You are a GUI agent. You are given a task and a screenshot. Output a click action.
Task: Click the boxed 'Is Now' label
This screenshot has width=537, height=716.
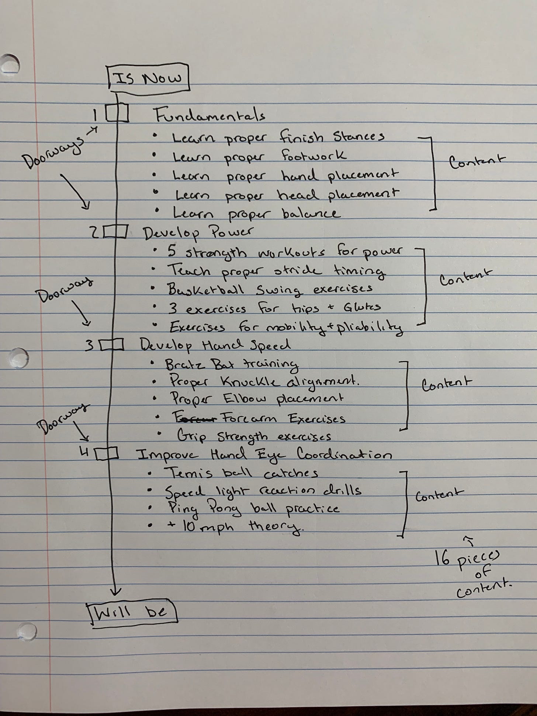[148, 78]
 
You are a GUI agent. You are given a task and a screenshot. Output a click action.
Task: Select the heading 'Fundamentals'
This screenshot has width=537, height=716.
[209, 116]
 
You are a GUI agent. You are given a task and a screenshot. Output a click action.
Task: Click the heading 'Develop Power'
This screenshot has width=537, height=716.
[198, 233]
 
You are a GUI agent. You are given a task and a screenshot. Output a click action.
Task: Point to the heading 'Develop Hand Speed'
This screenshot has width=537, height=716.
[215, 346]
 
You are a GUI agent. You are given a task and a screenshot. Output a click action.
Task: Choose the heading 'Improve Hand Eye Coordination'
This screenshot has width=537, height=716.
[264, 455]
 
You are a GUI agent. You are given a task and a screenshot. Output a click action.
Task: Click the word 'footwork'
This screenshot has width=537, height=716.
[314, 156]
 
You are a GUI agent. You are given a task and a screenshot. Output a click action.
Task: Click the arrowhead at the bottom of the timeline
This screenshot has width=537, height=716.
[116, 591]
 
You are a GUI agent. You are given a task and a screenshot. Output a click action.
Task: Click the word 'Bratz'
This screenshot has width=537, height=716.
[183, 364]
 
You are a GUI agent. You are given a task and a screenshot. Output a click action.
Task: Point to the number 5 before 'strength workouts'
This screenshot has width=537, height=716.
[172, 252]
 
